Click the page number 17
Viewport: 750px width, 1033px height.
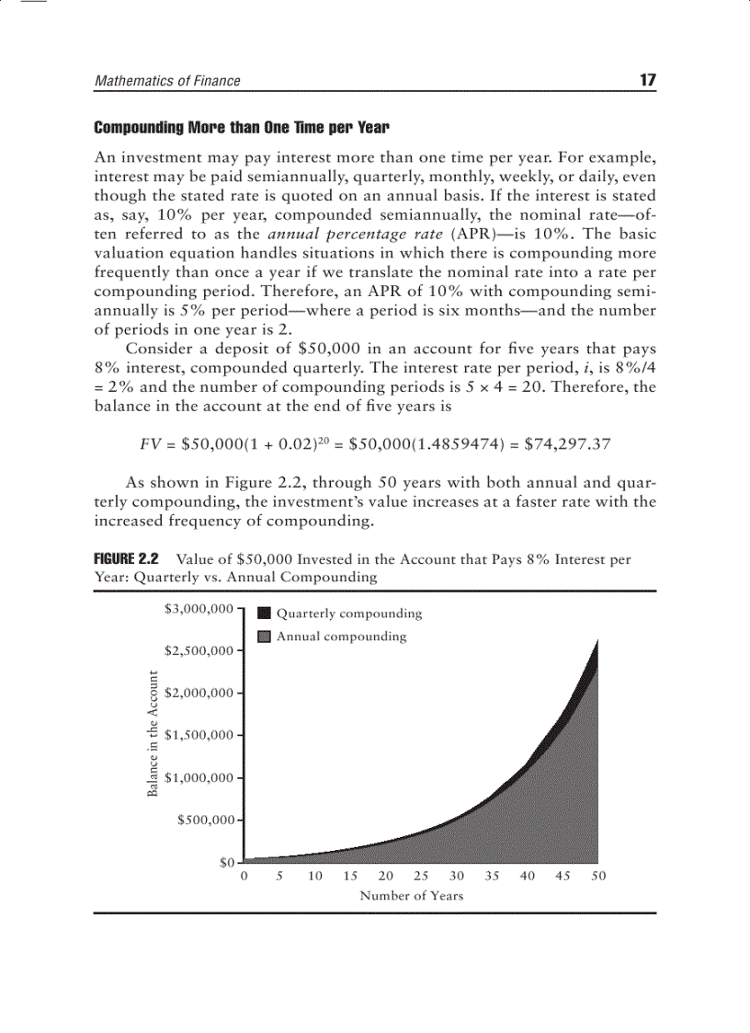point(647,80)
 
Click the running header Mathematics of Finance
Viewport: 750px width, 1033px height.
point(167,81)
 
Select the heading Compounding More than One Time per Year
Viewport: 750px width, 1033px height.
point(242,126)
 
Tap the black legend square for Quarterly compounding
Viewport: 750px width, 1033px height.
point(265,614)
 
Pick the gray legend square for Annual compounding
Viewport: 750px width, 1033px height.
point(265,637)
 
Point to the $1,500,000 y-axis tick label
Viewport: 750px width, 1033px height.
point(198,735)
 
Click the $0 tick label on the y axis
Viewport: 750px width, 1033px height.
point(225,863)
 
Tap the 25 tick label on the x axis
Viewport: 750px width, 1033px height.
point(421,877)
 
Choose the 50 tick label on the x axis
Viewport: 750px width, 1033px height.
point(598,877)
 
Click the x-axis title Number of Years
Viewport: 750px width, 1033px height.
point(411,895)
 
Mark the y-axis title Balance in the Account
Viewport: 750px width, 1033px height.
point(153,733)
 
